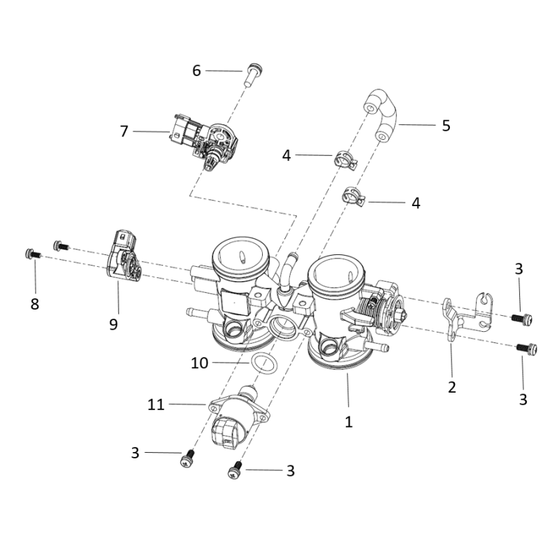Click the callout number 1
click(x=349, y=422)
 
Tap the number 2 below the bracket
click(x=452, y=387)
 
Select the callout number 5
click(x=446, y=126)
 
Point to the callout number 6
click(x=196, y=71)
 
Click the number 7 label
click(x=124, y=131)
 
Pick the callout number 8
click(x=34, y=304)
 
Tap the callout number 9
click(x=113, y=324)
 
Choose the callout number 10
click(x=200, y=363)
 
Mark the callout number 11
click(x=156, y=404)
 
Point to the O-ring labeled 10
click(x=262, y=363)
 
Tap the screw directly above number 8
click(x=30, y=254)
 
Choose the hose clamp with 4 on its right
click(x=354, y=196)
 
